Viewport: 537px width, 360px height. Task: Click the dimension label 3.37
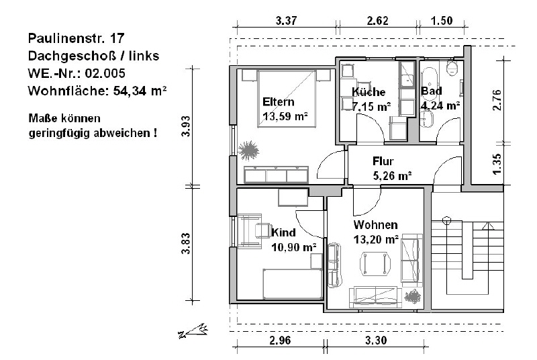coord(287,21)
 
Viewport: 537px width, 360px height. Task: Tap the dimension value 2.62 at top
coord(378,21)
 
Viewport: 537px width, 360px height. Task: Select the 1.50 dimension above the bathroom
coord(442,21)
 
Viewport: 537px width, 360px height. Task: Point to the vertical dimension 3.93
coord(186,126)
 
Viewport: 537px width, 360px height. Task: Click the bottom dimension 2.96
coord(280,340)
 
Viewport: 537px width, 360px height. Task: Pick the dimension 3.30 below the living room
coord(376,340)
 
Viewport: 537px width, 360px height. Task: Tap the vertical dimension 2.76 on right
coord(497,100)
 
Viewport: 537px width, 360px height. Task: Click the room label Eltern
coord(279,101)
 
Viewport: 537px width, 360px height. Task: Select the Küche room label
coord(369,92)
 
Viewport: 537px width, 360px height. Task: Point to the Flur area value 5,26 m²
coord(392,176)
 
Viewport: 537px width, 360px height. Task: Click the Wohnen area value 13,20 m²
coord(376,239)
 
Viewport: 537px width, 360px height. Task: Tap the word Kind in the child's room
coord(283,232)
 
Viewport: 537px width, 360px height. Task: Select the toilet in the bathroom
coord(452,69)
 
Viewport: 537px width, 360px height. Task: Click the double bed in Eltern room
coord(287,99)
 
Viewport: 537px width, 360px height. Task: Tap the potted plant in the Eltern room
coord(248,150)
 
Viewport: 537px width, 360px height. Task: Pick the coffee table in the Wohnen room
coord(375,264)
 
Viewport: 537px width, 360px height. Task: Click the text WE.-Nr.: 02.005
coord(77,73)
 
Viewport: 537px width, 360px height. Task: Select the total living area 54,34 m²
coord(140,91)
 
